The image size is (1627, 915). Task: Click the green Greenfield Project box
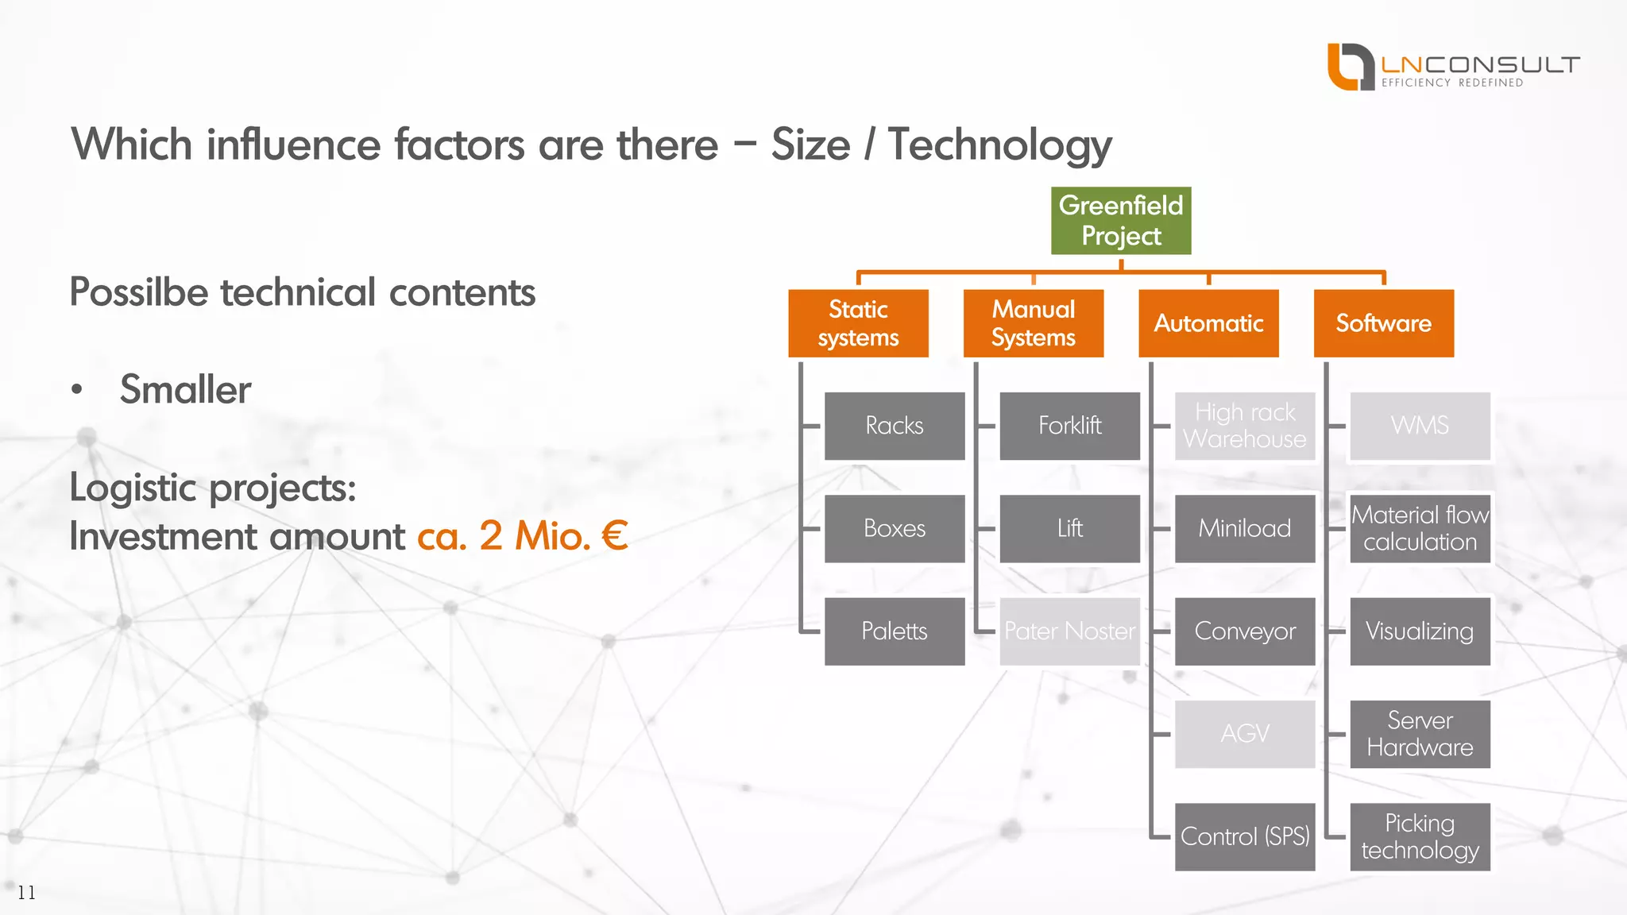pyautogui.click(x=1120, y=221)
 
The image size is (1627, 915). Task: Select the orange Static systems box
pyautogui.click(x=858, y=323)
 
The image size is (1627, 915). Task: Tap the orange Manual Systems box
pyautogui.click(x=1033, y=323)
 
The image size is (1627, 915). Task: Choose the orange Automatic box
pyautogui.click(x=1208, y=323)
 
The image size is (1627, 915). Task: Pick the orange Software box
pyautogui.click(x=1383, y=323)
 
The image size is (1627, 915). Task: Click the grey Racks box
pyautogui.click(x=895, y=426)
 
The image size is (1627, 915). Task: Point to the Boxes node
pyautogui.click(x=895, y=528)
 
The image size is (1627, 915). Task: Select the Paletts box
pyautogui.click(x=895, y=631)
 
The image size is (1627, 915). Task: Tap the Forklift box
pyautogui.click(x=1069, y=426)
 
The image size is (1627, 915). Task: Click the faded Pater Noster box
pyautogui.click(x=1069, y=631)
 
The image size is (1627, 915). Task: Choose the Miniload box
pyautogui.click(x=1245, y=528)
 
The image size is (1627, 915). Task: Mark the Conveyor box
pyautogui.click(x=1245, y=631)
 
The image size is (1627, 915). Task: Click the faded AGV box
pyautogui.click(x=1245, y=734)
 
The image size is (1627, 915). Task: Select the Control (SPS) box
pyautogui.click(x=1245, y=836)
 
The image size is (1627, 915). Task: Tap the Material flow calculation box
pyautogui.click(x=1420, y=528)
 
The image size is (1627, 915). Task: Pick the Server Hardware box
pyautogui.click(x=1420, y=734)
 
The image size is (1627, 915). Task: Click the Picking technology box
pyautogui.click(x=1420, y=836)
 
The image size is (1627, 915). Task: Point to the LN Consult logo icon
pyautogui.click(x=1351, y=67)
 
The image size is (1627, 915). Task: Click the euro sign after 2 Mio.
pyautogui.click(x=615, y=535)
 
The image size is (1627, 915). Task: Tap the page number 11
pyautogui.click(x=26, y=893)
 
